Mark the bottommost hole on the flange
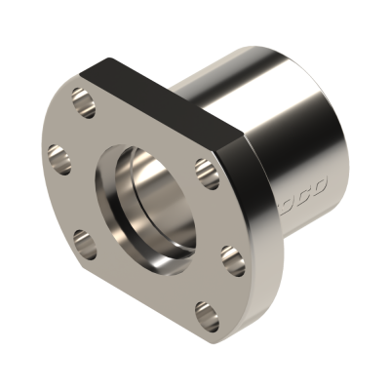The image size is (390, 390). coord(203,314)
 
